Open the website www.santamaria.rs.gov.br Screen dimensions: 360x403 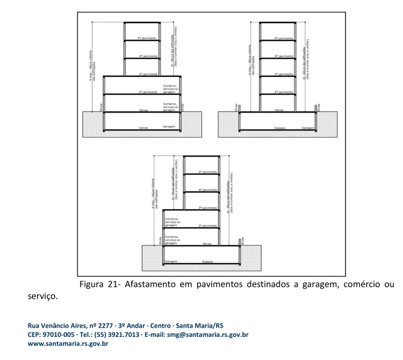click(69, 344)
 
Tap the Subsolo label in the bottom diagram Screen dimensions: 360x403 click(207, 262)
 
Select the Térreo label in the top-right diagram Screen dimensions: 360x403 click(278, 110)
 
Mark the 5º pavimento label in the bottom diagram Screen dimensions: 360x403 click(207, 172)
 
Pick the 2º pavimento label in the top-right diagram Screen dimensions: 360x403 click(284, 92)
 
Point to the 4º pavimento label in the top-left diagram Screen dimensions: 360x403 click(147, 56)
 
